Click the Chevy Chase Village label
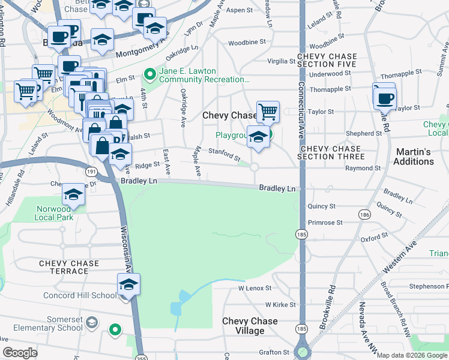click(250, 326)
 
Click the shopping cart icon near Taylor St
click(268, 111)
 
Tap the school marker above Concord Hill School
click(128, 284)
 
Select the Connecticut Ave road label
click(302, 108)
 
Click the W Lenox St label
click(255, 289)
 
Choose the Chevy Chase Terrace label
click(64, 267)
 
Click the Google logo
click(20, 353)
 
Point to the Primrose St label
click(325, 223)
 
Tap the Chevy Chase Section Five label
click(327, 61)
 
